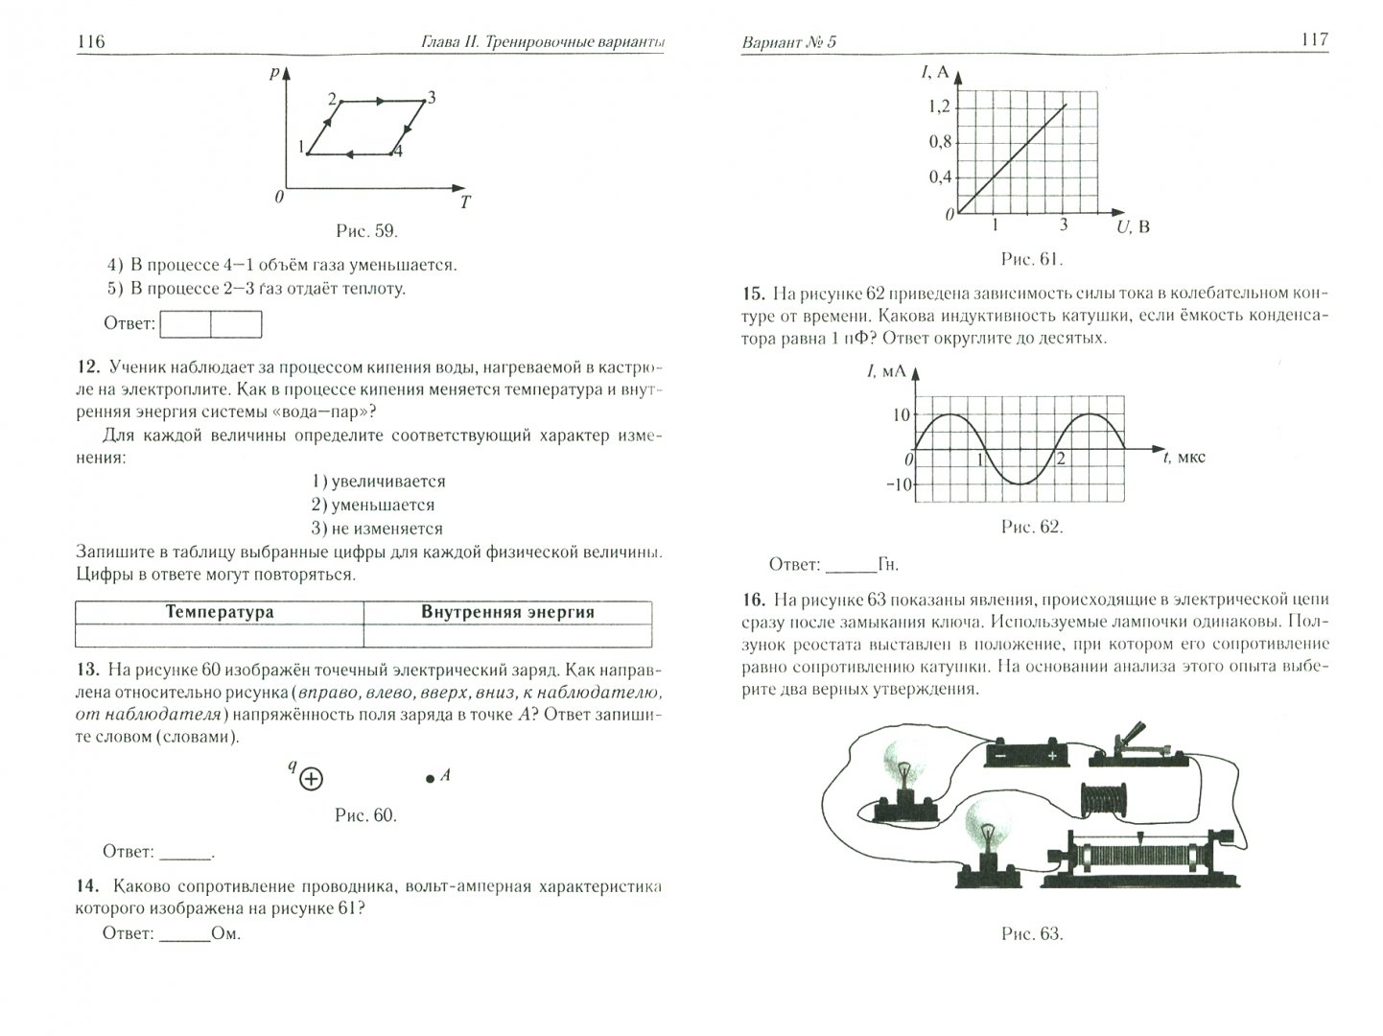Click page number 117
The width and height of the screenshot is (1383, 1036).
tap(1313, 39)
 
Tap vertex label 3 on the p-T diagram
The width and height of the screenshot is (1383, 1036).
tap(432, 97)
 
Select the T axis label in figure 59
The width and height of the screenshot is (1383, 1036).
tap(465, 202)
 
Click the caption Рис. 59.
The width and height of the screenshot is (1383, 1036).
tap(366, 231)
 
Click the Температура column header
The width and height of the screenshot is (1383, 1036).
tap(220, 612)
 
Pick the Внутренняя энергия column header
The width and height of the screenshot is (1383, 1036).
tap(507, 612)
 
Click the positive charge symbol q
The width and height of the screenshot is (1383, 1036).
tap(310, 779)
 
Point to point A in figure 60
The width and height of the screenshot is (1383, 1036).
tap(431, 779)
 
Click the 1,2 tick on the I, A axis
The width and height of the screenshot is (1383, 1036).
tap(937, 106)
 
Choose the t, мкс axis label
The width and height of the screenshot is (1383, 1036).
tap(1184, 457)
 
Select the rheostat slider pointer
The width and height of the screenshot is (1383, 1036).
tap(1139, 838)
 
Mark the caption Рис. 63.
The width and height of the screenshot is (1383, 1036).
tap(1031, 933)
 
